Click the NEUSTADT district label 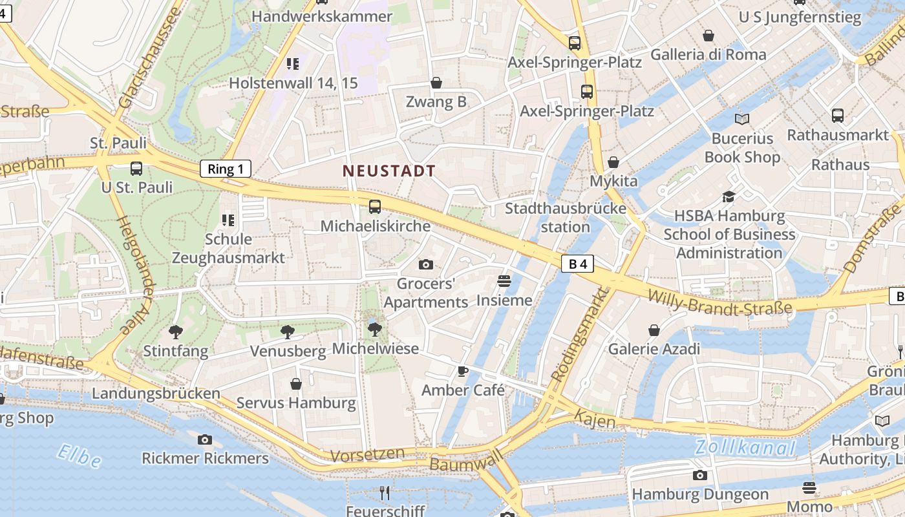tap(389, 171)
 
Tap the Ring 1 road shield tap(226, 169)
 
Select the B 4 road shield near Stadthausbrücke tap(577, 264)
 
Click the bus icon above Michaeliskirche tap(374, 207)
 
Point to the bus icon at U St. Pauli tap(136, 169)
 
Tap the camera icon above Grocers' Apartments tap(425, 264)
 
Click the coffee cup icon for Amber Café tap(462, 371)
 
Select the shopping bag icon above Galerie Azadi tap(654, 330)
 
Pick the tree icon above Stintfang tap(175, 332)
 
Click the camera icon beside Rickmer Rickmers tap(205, 439)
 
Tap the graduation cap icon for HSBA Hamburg tap(729, 196)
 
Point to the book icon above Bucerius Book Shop tap(742, 119)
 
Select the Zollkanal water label tap(745, 447)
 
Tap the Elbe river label tap(79, 456)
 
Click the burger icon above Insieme tap(504, 281)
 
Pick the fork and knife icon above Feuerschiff tap(385, 493)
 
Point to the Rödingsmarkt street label tap(580, 334)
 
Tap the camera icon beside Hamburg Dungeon tap(699, 476)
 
